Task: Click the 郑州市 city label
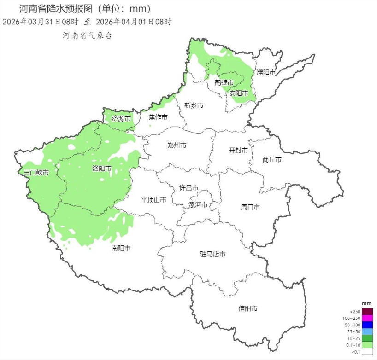[x=177, y=145]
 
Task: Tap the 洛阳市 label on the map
[x=102, y=168]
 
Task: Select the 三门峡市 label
[x=36, y=173]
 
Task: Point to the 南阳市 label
[x=121, y=248]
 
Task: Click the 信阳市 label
[x=247, y=308]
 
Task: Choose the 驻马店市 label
[x=212, y=254]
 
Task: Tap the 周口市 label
[x=250, y=207]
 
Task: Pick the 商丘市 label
[x=271, y=160]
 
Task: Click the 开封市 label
[x=238, y=151]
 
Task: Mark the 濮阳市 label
[x=266, y=72]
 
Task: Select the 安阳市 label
[x=239, y=93]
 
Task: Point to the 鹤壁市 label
[x=224, y=82]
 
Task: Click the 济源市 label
[x=121, y=119]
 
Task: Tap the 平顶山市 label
[x=153, y=200]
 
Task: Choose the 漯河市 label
[x=198, y=205]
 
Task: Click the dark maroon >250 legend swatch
[x=367, y=311]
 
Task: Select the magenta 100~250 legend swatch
[x=367, y=318]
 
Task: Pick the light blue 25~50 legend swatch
[x=367, y=331]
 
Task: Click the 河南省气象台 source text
[x=87, y=35]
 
